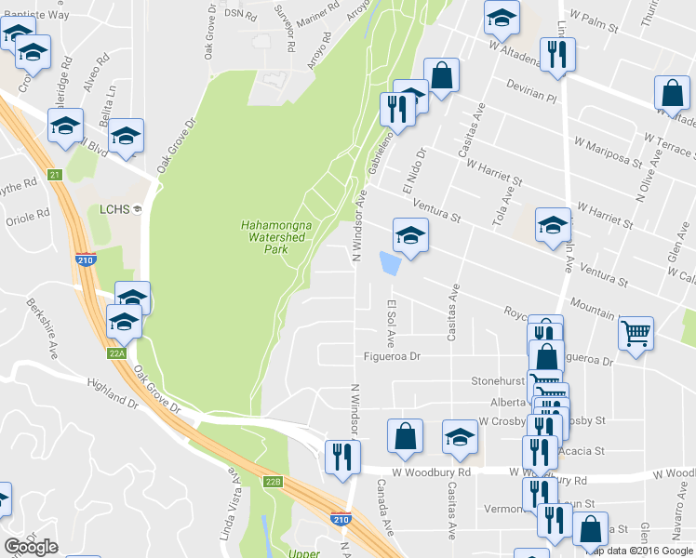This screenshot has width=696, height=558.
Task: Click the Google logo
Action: click(x=31, y=547)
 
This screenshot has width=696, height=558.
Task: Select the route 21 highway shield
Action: click(x=55, y=175)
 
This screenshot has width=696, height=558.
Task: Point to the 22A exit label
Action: click(x=116, y=352)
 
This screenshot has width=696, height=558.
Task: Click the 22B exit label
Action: click(x=272, y=481)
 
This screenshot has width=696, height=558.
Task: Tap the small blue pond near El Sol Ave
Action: click(x=390, y=265)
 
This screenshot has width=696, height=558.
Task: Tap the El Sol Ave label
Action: click(x=392, y=321)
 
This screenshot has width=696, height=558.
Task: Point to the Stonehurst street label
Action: click(x=500, y=380)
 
